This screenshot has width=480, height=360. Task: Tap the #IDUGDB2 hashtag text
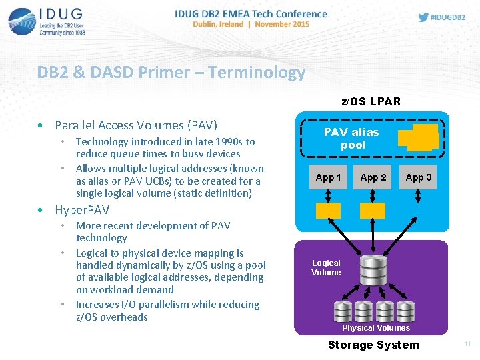(x=451, y=17)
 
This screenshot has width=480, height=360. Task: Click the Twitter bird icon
(x=423, y=17)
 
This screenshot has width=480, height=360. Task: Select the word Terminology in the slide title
(x=256, y=73)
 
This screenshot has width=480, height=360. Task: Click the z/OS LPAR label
(x=371, y=102)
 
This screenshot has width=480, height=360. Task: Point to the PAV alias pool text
(x=351, y=139)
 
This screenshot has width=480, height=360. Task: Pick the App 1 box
(x=328, y=177)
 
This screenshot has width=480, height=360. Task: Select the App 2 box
(x=373, y=177)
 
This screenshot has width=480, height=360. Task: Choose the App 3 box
(x=419, y=177)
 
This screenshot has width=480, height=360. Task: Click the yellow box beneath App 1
(x=328, y=211)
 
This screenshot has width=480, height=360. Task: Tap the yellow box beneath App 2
(x=373, y=211)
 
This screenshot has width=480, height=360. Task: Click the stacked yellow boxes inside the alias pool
(x=418, y=137)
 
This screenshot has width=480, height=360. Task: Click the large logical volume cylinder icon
(x=373, y=271)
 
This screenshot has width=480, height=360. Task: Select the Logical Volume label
(x=326, y=268)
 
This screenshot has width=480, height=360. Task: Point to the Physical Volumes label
(x=376, y=327)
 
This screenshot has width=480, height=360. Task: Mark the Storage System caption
(x=373, y=345)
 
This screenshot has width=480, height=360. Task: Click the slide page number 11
(x=467, y=344)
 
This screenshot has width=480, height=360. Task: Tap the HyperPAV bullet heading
(x=82, y=209)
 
